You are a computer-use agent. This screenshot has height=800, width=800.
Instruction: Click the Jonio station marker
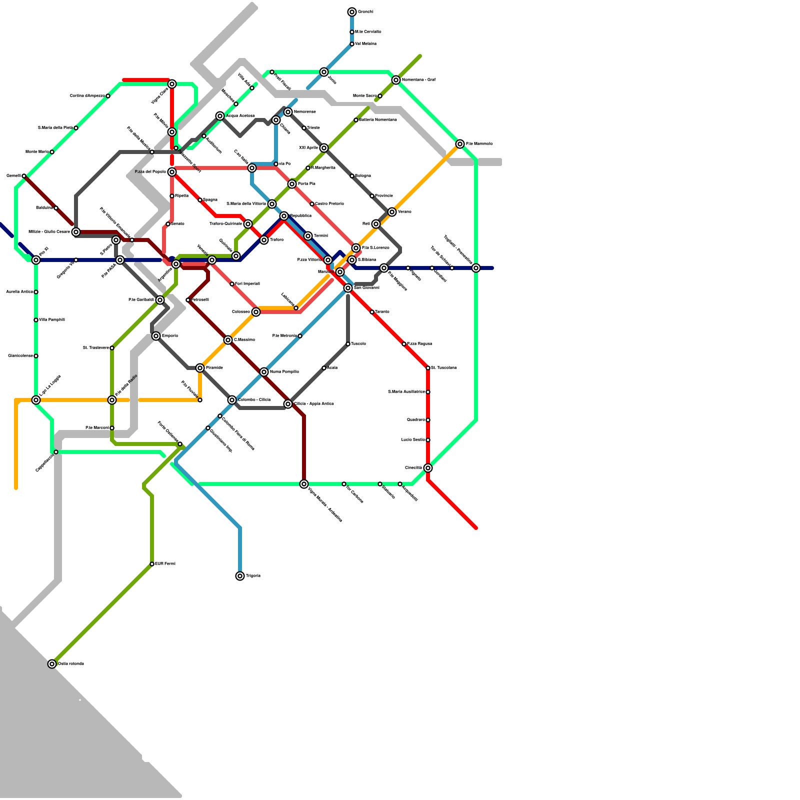tap(324, 72)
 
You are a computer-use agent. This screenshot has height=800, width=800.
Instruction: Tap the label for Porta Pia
tap(306, 184)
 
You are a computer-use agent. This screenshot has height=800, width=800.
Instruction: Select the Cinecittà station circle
tap(428, 468)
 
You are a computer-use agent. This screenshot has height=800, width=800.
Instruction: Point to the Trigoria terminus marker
tap(240, 576)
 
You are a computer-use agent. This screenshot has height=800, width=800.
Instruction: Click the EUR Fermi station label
tap(165, 564)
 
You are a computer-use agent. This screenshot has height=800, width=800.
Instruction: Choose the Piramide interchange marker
tap(200, 368)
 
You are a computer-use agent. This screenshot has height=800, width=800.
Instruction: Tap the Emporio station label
tap(170, 336)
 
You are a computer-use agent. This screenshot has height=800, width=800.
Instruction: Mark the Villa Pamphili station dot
tap(36, 320)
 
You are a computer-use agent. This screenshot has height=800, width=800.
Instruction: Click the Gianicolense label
tap(20, 356)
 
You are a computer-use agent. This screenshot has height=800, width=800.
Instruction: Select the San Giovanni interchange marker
tap(348, 288)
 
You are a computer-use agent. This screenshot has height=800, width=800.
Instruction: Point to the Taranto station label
tap(382, 312)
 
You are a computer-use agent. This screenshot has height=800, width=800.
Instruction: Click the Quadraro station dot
tap(428, 420)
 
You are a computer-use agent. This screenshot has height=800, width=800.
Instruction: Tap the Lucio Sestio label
tap(413, 440)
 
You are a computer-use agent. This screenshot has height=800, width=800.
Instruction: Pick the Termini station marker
tap(308, 236)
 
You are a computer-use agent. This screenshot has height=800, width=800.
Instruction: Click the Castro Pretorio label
tap(329, 204)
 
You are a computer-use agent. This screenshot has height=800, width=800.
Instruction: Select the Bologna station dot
tap(352, 176)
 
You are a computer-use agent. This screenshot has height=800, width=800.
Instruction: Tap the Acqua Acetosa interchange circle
tap(220, 116)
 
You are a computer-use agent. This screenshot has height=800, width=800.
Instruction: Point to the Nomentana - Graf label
tap(419, 80)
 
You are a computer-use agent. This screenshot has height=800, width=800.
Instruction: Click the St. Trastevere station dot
tap(112, 348)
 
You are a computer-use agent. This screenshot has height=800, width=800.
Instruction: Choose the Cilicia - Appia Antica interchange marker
tap(288, 404)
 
